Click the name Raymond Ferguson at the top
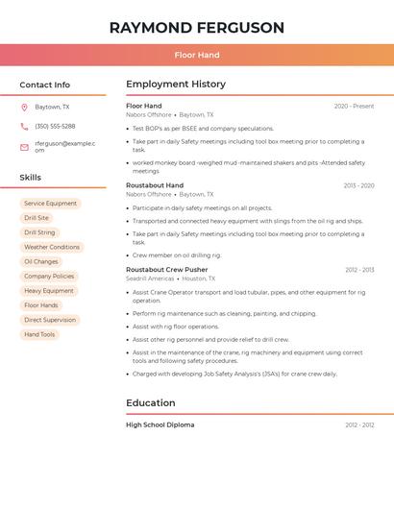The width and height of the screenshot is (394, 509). pos(197,27)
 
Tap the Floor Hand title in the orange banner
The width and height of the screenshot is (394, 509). pos(197,56)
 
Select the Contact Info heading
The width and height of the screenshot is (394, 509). pos(45,85)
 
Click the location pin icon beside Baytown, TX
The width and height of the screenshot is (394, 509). pos(24,107)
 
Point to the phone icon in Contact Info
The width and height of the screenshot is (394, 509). pos(24,126)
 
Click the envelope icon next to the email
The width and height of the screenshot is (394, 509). pos(24,147)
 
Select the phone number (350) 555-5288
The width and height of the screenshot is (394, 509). pos(55,126)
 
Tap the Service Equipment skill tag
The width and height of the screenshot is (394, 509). pos(50,204)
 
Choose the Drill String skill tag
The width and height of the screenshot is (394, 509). pos(39,232)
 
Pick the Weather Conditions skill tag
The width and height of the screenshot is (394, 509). pos(52,247)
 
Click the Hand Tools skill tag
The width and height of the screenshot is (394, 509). pos(39,334)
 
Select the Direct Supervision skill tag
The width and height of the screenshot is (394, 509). pos(50,320)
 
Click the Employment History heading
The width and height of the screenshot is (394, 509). pos(176,85)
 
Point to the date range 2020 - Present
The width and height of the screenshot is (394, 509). pos(354,106)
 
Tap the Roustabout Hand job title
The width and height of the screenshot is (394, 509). pos(155,185)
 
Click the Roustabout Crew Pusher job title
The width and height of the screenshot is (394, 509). pos(166,270)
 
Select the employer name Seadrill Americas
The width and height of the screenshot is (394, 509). pos(150,279)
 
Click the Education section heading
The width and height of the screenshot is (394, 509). pos(151,403)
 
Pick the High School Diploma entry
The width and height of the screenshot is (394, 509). pos(160,424)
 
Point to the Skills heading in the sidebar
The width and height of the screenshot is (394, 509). pos(31,178)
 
